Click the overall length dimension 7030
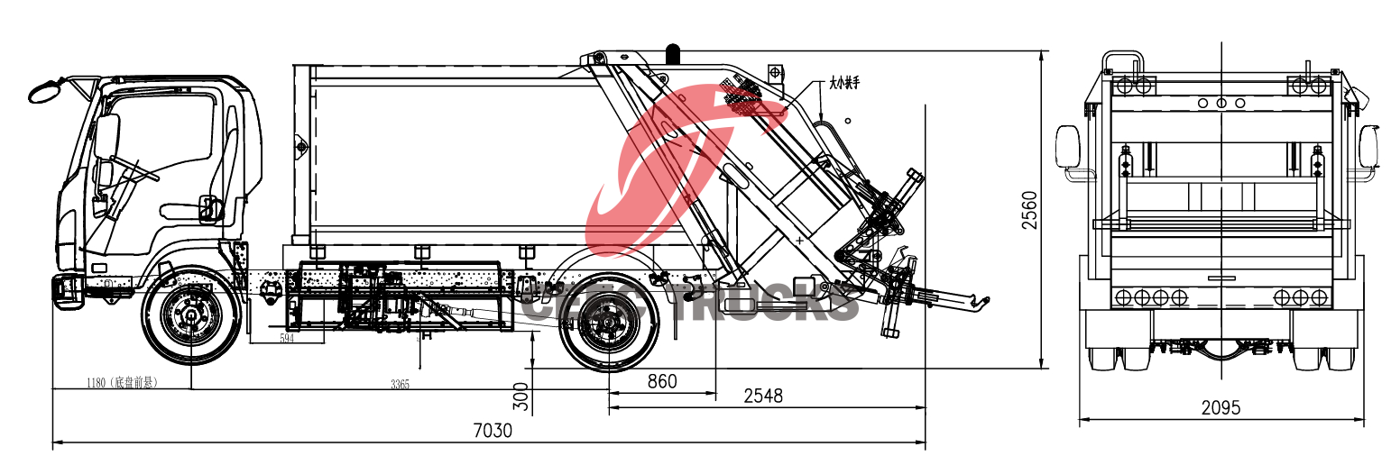493,431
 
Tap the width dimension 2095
1221,407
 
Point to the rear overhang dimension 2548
762,396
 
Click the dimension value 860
661,381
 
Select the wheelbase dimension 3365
400,384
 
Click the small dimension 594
287,338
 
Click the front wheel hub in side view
190,315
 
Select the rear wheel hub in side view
603,321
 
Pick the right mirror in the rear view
1369,146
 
